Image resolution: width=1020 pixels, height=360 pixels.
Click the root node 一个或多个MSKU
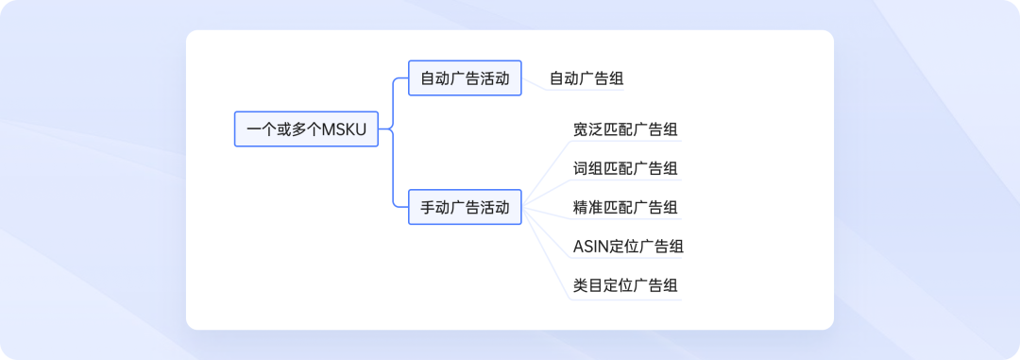306,129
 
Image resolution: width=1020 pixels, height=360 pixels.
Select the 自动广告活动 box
465,78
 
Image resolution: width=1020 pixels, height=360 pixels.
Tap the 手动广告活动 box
465,207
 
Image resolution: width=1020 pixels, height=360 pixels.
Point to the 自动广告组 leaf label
586,78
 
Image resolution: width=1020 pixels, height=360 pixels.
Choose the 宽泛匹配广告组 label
625,129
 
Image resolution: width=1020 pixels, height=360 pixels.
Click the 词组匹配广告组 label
625,168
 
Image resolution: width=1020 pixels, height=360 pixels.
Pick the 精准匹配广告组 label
625,207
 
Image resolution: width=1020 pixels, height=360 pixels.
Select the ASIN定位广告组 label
628,247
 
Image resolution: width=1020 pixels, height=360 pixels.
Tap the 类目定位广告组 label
625,285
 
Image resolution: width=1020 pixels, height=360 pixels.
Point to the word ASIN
591,247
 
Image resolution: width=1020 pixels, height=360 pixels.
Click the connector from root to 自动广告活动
393,99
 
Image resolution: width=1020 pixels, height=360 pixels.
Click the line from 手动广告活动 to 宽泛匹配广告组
546,170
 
